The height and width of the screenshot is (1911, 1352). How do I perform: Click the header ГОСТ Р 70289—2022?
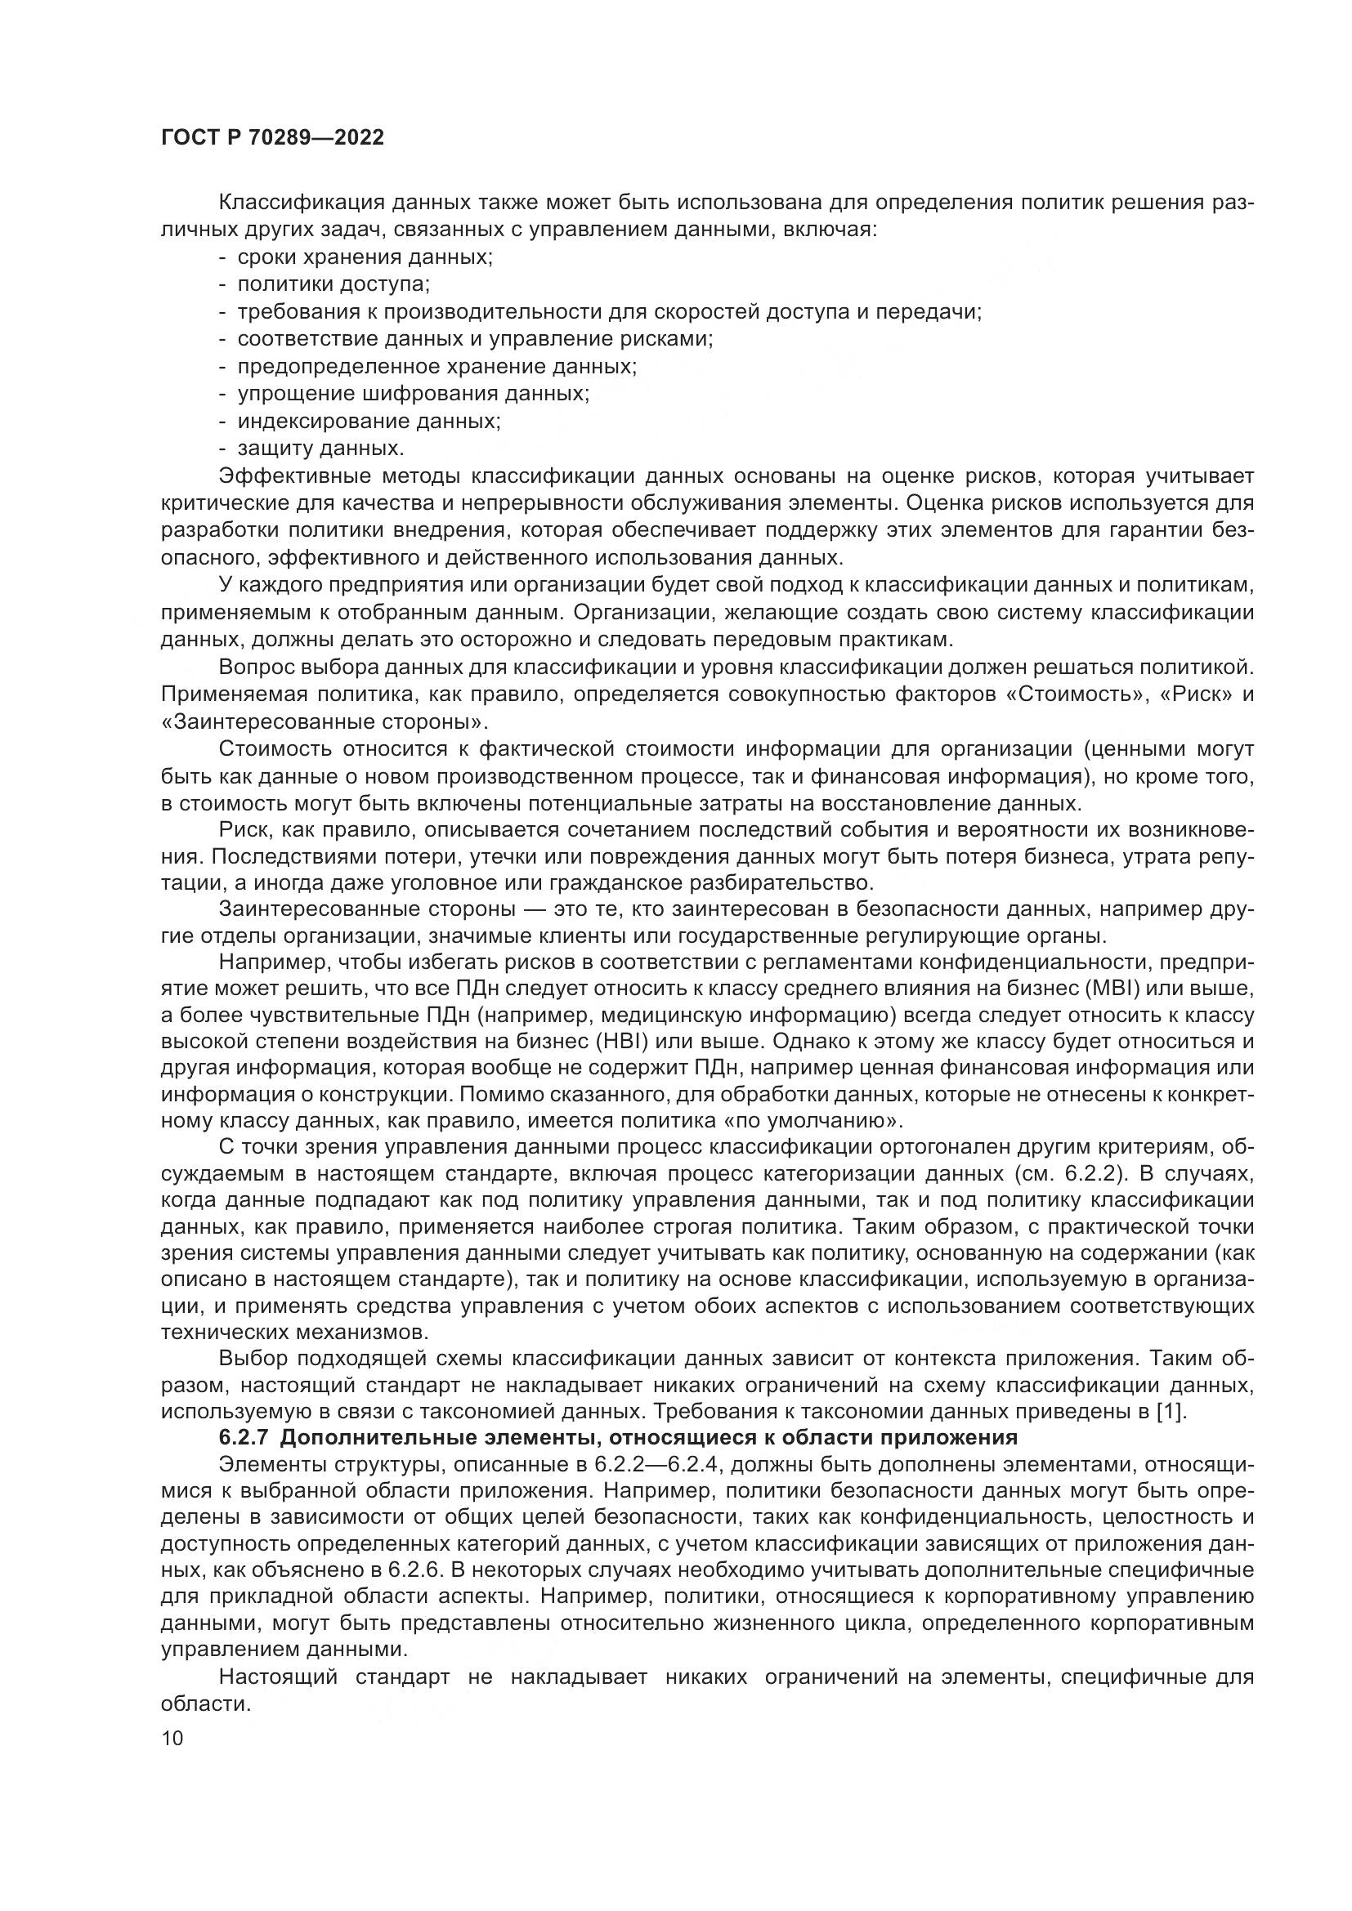(x=272, y=138)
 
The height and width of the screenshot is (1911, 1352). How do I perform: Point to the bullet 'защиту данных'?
(x=320, y=449)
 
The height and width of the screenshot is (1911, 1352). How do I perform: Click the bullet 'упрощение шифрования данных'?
(x=413, y=394)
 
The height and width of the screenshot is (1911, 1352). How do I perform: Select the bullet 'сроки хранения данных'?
(x=365, y=257)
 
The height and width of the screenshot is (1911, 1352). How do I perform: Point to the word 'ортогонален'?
(x=935, y=1146)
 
